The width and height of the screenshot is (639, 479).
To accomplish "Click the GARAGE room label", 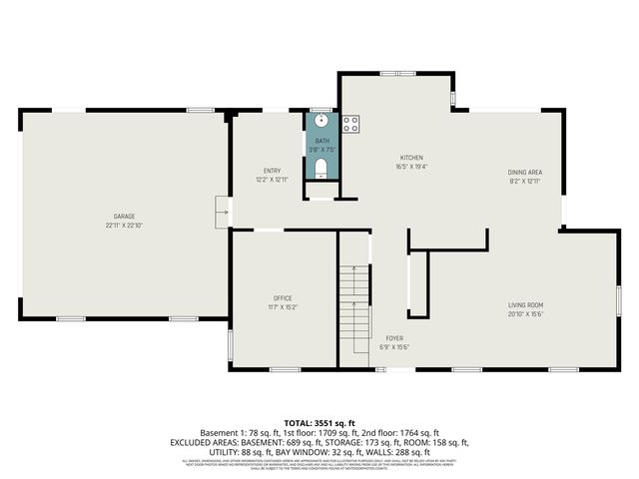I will click(x=124, y=217).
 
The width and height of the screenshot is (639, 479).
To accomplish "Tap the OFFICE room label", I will click(x=283, y=298).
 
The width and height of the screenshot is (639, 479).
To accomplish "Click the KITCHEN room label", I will click(x=412, y=159).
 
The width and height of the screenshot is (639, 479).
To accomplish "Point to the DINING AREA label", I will click(x=524, y=173).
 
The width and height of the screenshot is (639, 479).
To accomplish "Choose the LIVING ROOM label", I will click(x=525, y=305).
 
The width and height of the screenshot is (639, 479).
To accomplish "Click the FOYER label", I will click(x=395, y=338).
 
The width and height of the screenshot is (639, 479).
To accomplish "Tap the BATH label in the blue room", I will click(x=321, y=142).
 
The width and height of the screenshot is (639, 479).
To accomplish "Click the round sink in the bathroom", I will click(x=321, y=122).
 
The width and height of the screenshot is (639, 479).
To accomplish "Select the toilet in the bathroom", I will click(x=320, y=173).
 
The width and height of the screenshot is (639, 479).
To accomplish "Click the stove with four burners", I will click(x=351, y=124).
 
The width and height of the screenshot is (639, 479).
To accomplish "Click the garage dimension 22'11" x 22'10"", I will click(x=124, y=226).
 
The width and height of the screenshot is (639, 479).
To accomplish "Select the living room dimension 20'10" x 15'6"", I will click(x=525, y=314).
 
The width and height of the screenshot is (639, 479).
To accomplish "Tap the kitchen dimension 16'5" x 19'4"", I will click(x=412, y=168).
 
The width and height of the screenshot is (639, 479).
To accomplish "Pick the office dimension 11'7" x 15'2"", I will click(x=283, y=307).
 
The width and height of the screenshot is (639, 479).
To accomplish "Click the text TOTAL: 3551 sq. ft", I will click(x=319, y=424).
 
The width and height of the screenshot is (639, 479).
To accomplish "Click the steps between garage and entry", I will click(x=223, y=211).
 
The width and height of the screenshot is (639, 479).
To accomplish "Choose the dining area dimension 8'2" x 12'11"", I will click(x=524, y=182).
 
